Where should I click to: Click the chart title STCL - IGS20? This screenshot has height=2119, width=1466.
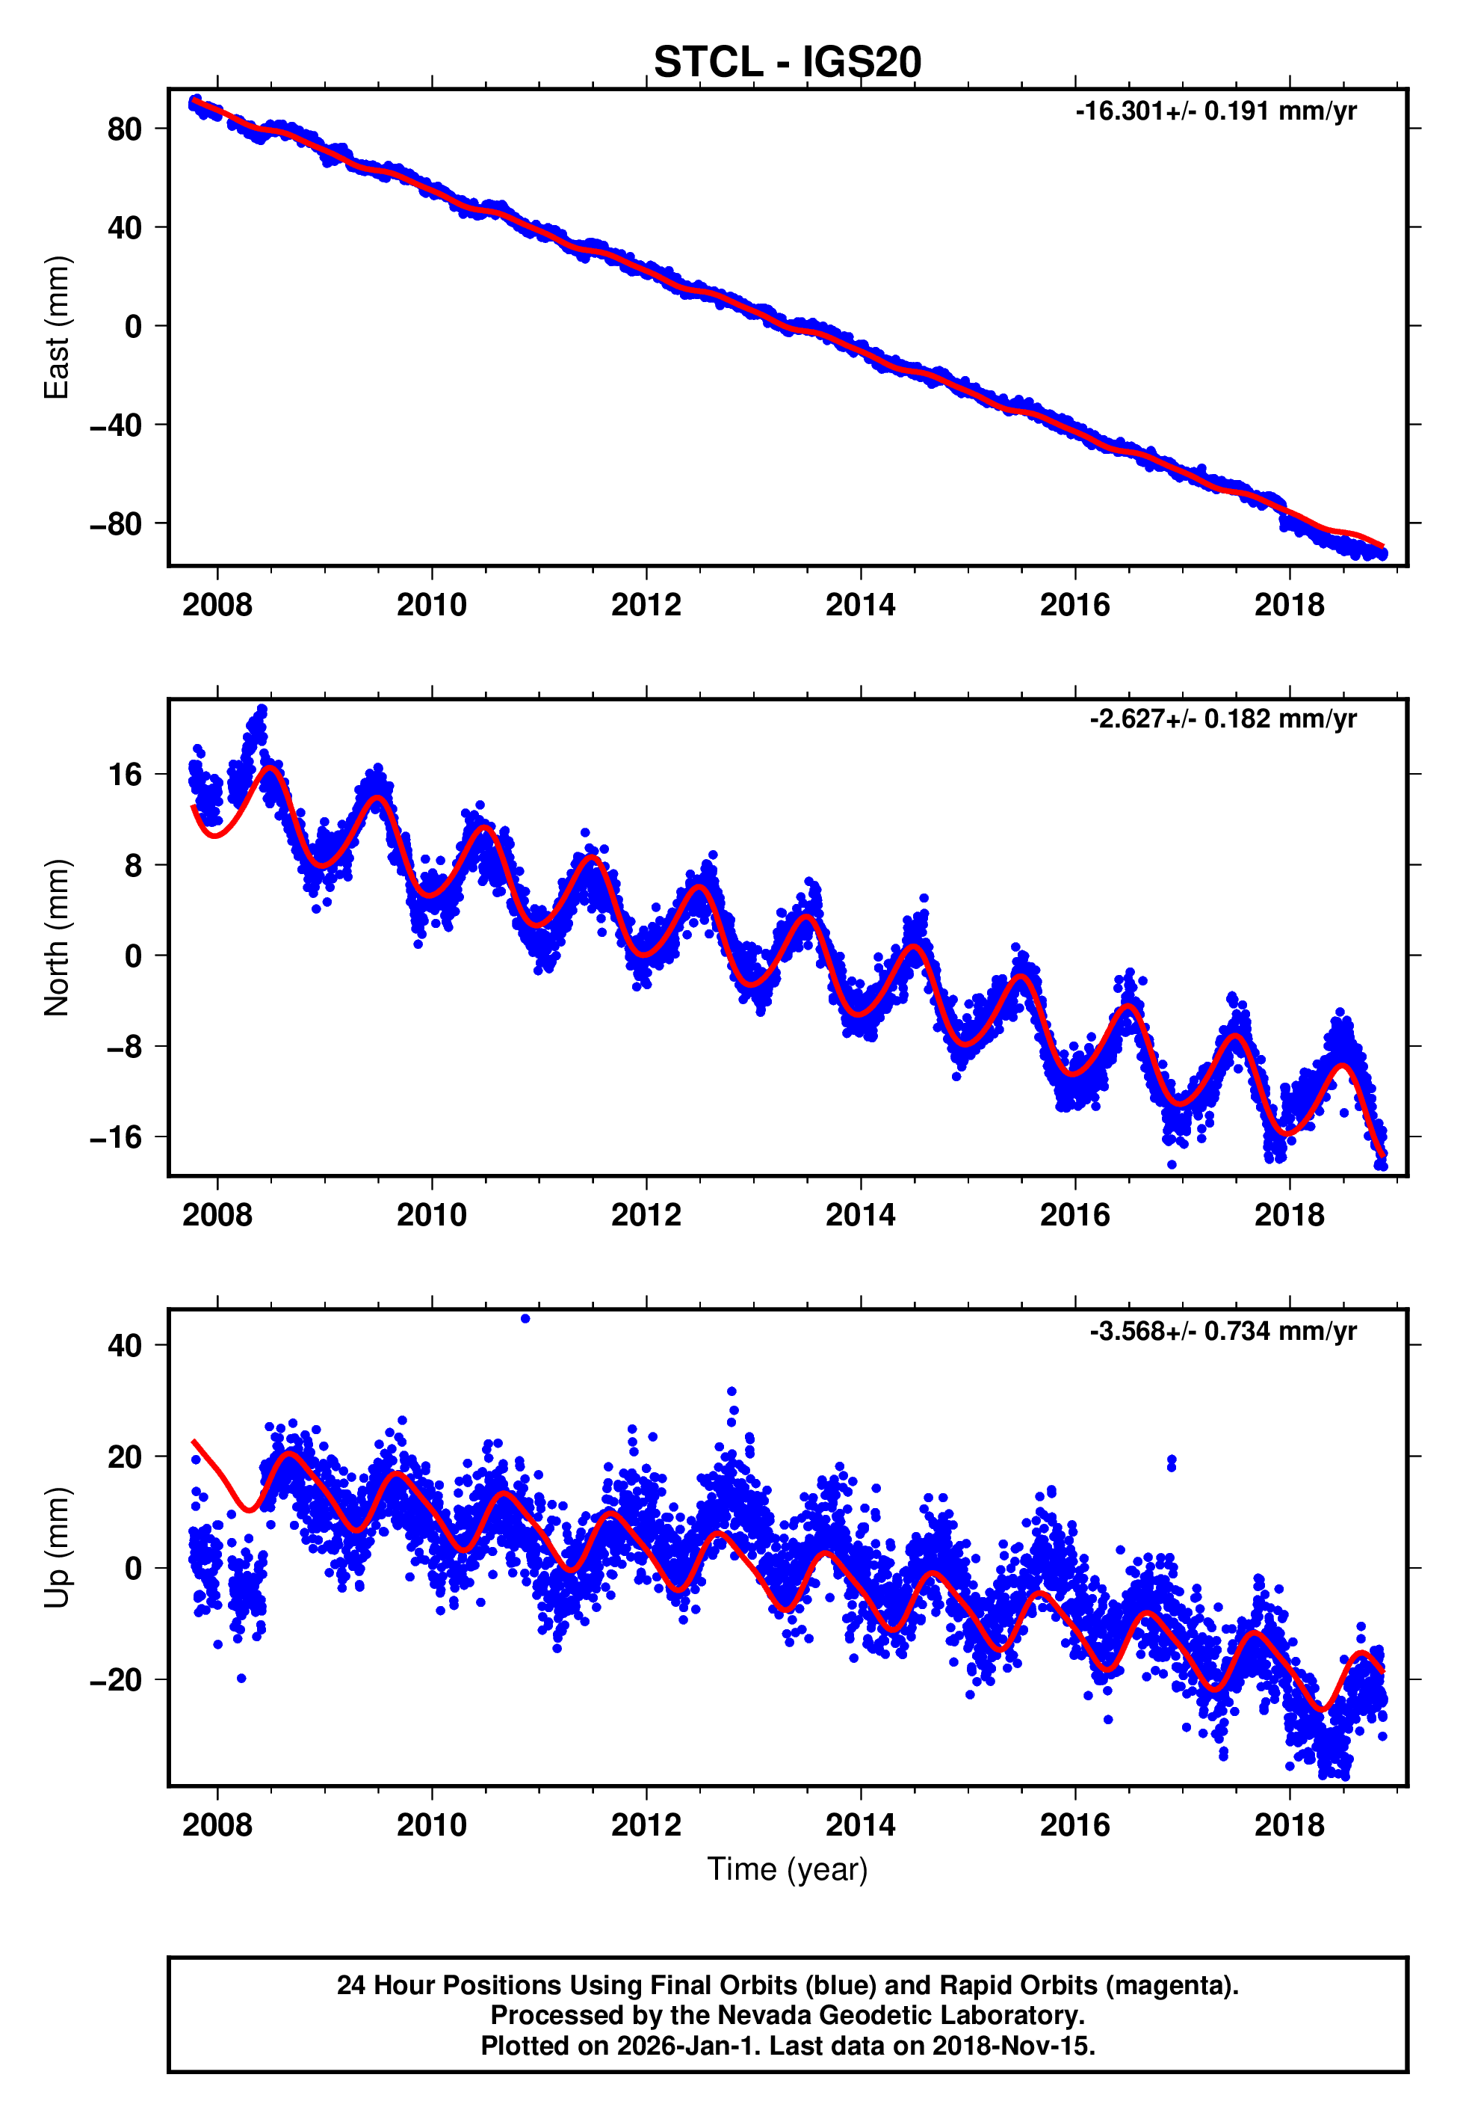tap(788, 63)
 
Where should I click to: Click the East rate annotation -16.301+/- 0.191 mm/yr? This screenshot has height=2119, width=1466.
tap(1215, 111)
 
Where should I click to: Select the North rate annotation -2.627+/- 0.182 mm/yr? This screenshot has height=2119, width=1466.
tap(1222, 719)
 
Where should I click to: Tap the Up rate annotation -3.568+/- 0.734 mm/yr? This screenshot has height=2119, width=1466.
tap(1222, 1331)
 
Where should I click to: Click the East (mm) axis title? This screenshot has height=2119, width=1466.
tap(57, 327)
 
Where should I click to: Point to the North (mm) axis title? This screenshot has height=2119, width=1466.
tap(57, 938)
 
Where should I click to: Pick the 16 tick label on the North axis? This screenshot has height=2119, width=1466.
tap(125, 775)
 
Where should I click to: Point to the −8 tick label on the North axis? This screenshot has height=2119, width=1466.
tap(123, 1047)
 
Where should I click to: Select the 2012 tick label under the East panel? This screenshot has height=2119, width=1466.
tap(646, 605)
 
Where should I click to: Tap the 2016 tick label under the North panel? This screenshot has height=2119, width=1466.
tap(1074, 1215)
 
